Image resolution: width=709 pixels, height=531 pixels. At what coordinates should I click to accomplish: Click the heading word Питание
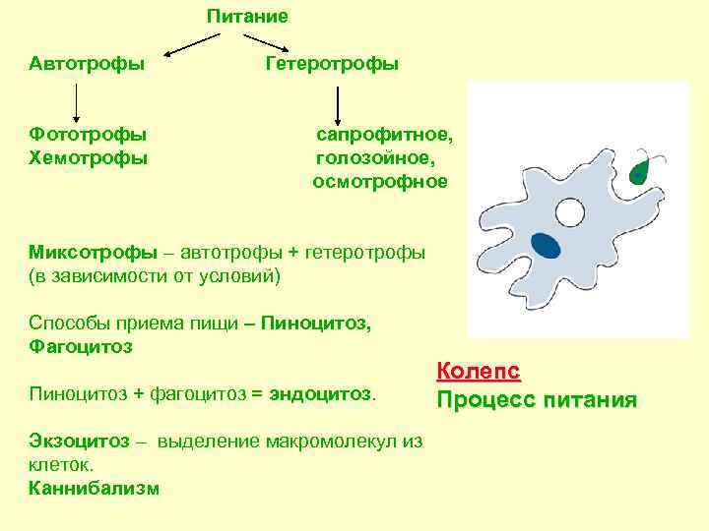coord(247,17)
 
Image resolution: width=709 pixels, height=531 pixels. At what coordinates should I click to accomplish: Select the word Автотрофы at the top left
coord(87,64)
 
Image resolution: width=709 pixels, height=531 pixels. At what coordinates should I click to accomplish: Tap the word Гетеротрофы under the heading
coord(332,64)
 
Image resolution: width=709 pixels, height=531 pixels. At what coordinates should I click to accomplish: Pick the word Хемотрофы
coord(88,157)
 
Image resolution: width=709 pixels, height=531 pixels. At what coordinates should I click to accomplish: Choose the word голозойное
coord(374,157)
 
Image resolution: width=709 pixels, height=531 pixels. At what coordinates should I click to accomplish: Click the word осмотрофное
coord(380,182)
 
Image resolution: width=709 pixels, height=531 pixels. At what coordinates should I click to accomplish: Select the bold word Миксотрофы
coord(93,252)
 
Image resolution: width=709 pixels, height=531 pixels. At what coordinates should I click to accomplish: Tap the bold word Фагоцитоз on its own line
coord(81,347)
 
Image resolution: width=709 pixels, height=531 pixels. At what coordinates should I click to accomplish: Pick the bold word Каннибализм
coord(94,489)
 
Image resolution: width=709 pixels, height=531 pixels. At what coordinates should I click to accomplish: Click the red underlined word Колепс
coord(478,372)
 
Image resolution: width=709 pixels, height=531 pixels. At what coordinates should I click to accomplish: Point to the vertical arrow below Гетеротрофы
coord(338,106)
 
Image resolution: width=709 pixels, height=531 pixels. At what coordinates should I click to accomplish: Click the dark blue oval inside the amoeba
coord(545,244)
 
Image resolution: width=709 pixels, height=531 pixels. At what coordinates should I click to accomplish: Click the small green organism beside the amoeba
coord(641,171)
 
